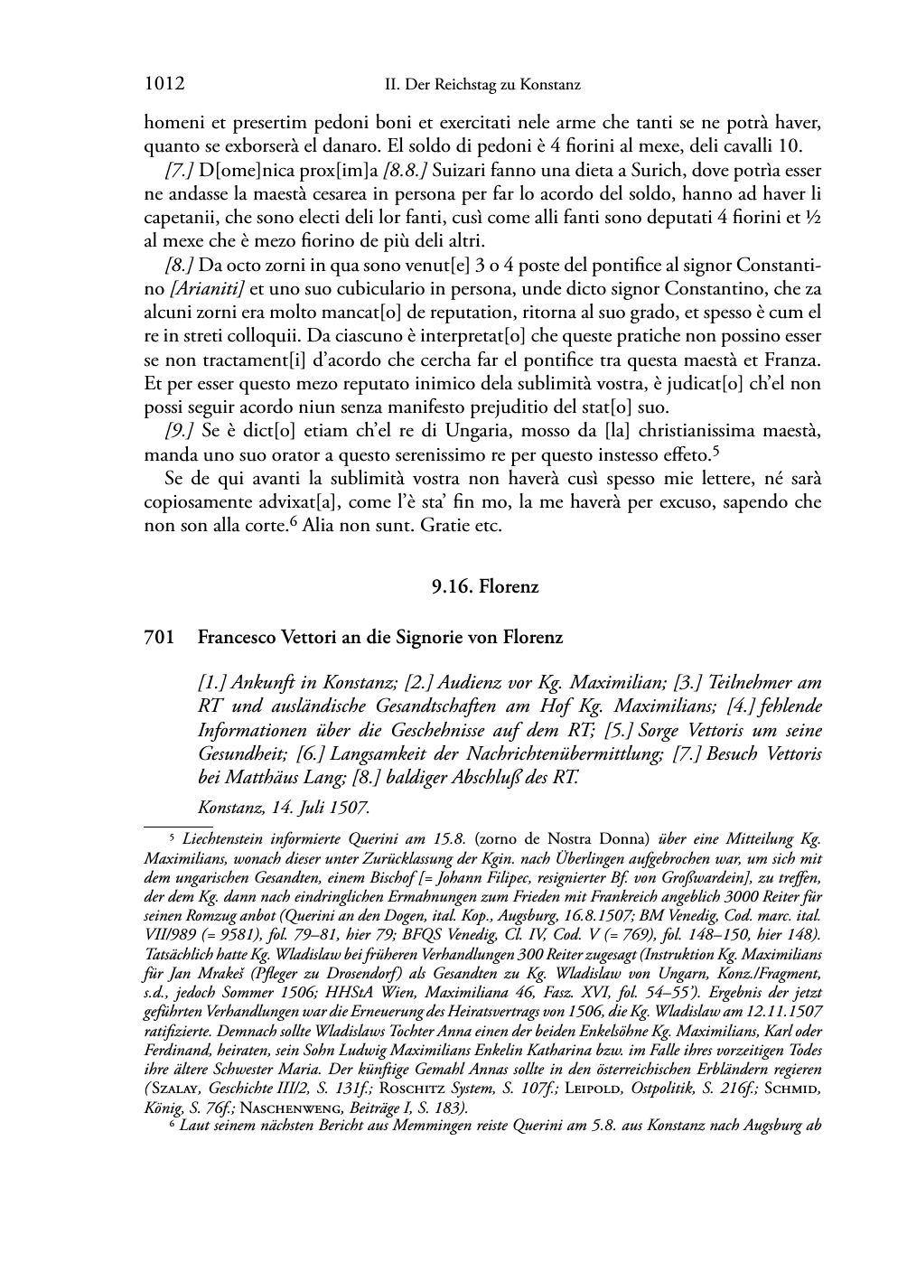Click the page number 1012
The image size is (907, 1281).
click(x=164, y=85)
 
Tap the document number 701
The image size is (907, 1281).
click(x=157, y=638)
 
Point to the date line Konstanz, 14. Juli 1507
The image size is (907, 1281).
click(x=284, y=807)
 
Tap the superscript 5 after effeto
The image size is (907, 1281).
click(x=715, y=449)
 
